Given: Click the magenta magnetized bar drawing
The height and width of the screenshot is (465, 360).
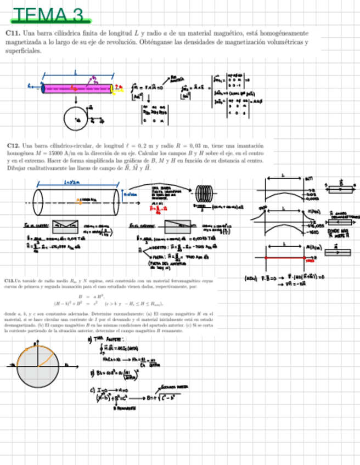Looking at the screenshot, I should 77,88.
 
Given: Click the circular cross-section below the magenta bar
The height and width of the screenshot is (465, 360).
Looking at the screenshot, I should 75,117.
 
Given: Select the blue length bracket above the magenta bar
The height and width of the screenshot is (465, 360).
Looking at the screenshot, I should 76,73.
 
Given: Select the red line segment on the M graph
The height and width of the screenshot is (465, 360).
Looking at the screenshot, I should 285,257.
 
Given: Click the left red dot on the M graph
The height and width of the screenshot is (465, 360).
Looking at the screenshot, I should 266,257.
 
